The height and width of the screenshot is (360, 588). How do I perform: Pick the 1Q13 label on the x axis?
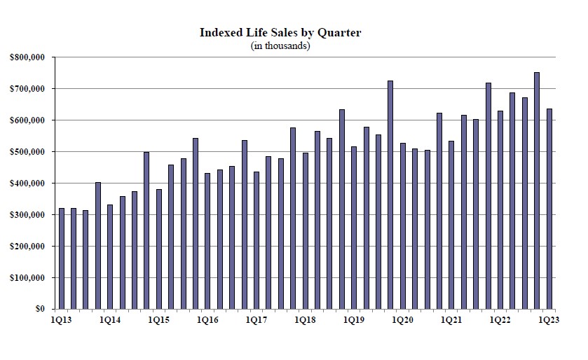(x=61, y=320)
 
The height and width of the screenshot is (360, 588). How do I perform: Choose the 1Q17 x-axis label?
(x=257, y=320)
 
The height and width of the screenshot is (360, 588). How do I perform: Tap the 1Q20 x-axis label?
(x=402, y=320)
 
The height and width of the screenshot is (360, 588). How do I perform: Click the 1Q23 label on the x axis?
(x=549, y=320)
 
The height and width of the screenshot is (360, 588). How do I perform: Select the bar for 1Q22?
(x=500, y=209)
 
